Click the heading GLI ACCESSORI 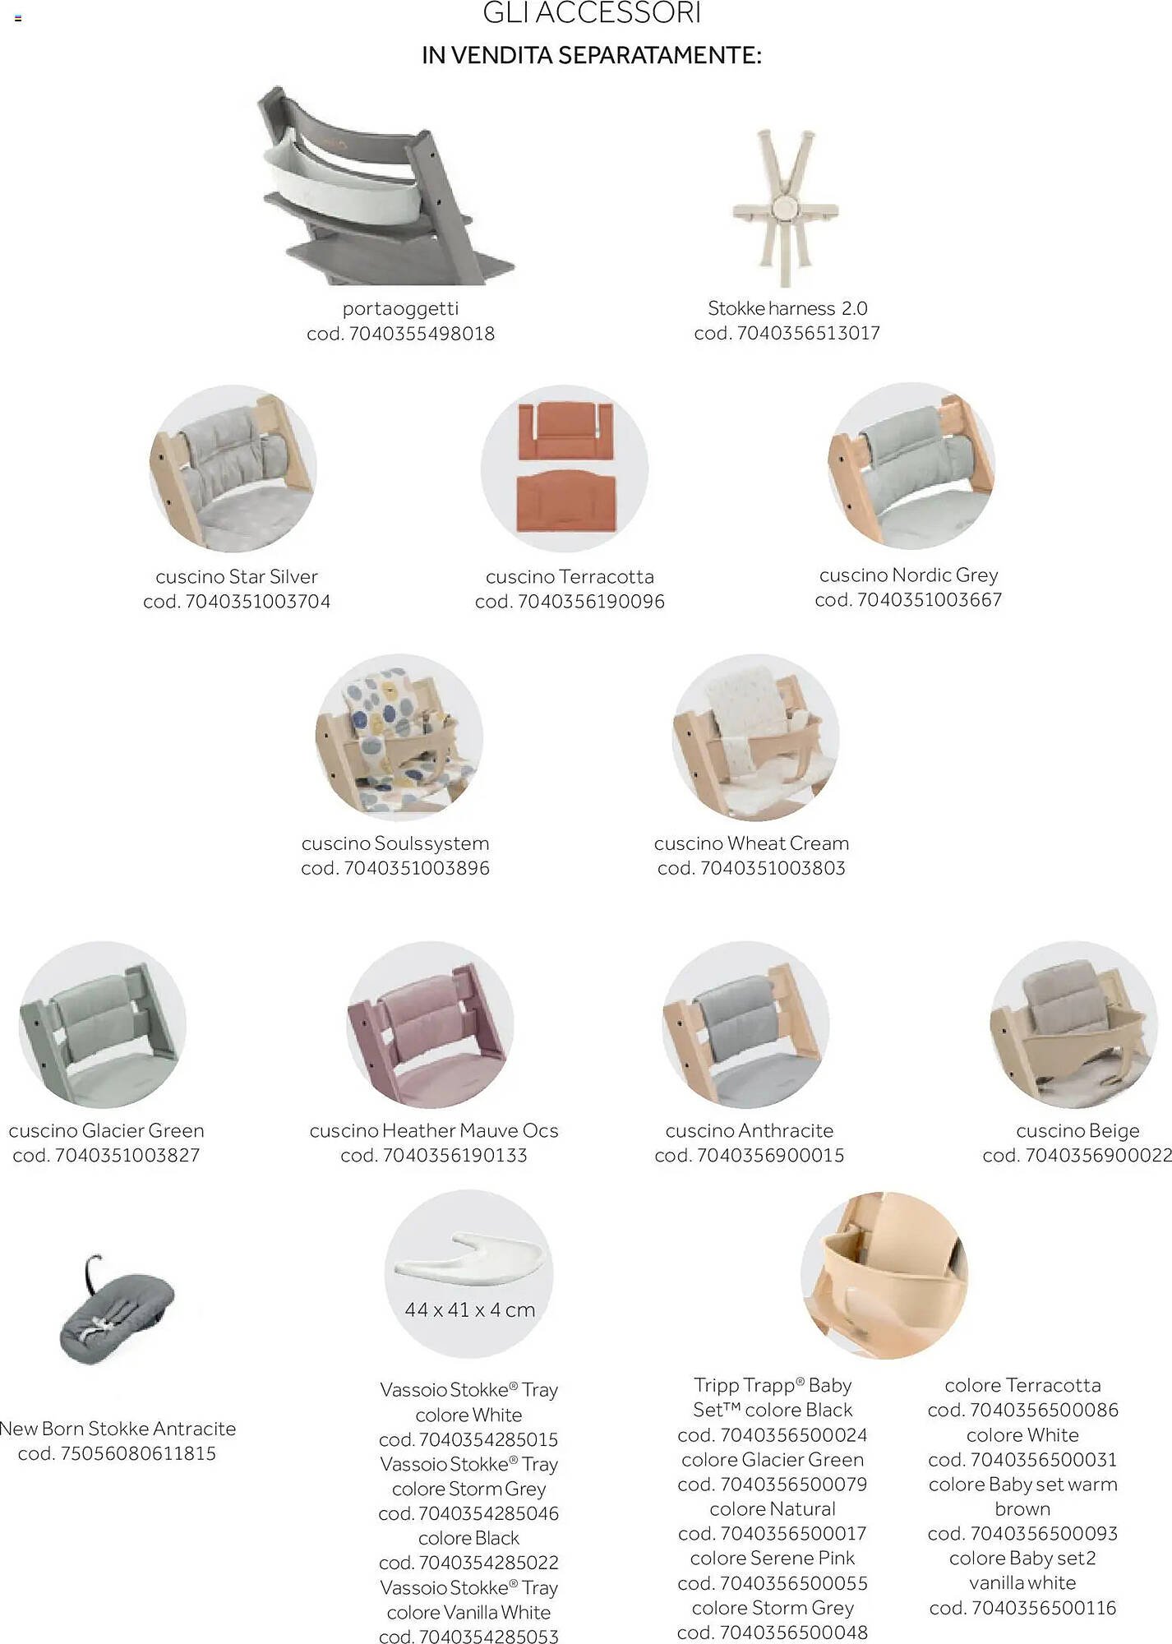(x=592, y=12)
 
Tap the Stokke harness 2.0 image (x=786, y=207)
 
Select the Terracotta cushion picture (x=565, y=469)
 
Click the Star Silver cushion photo (x=233, y=469)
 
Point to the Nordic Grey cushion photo (x=911, y=465)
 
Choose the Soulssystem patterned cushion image (x=399, y=737)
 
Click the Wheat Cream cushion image (x=756, y=737)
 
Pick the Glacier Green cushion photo (x=102, y=1025)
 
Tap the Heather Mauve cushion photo (x=431, y=1025)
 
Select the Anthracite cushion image (x=746, y=1025)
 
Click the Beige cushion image (x=1074, y=1025)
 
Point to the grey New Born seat (x=117, y=1310)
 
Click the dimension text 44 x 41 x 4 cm (x=469, y=1309)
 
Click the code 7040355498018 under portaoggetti (x=422, y=334)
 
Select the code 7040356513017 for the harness (x=809, y=333)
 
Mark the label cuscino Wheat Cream (x=751, y=843)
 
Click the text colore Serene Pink (x=773, y=1558)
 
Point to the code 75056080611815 (x=138, y=1453)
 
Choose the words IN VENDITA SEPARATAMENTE (x=592, y=55)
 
